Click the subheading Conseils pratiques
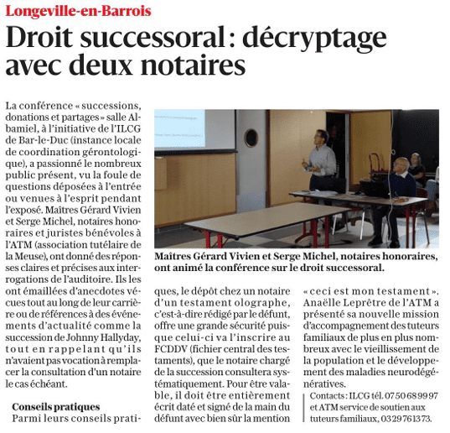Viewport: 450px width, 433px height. point(56,406)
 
